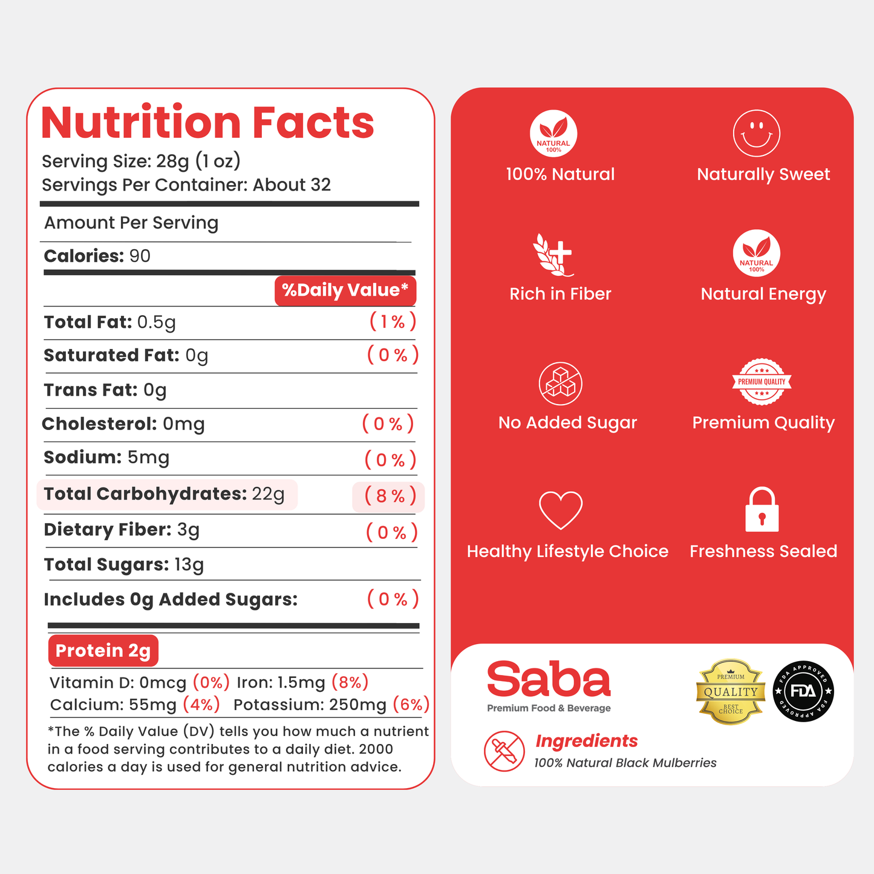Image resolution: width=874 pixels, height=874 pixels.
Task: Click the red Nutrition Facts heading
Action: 207,122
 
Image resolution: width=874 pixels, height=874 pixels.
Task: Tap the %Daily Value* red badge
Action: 345,290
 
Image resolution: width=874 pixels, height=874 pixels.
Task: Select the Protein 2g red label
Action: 103,650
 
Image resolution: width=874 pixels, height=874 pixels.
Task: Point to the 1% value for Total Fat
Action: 393,322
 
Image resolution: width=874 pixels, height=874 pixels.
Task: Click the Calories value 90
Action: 140,256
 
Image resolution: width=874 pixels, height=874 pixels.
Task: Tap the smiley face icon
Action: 756,133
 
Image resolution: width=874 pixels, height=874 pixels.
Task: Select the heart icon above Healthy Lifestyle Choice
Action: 561,510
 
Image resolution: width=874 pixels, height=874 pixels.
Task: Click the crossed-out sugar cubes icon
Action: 561,383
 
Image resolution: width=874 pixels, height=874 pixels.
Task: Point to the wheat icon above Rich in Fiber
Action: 552,255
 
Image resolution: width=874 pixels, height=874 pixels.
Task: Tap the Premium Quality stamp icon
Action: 761,382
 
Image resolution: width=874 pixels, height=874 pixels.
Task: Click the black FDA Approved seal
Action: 803,691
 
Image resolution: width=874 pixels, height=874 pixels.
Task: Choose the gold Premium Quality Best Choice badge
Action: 730,692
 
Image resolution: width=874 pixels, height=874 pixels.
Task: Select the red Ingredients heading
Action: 587,741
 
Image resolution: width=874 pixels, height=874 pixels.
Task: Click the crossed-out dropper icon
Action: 504,751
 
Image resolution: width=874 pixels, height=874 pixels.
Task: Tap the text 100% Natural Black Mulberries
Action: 625,763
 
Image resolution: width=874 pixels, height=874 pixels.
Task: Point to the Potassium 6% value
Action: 411,705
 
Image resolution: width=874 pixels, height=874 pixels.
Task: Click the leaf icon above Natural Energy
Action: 756,253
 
